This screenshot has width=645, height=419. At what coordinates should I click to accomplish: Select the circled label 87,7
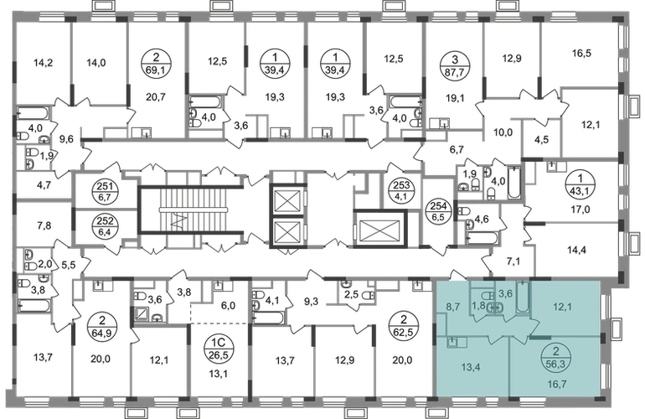[454, 65]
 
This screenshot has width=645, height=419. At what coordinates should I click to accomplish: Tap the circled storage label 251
[106, 192]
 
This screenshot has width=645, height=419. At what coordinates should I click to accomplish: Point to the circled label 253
[400, 191]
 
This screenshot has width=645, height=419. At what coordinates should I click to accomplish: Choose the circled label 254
[438, 211]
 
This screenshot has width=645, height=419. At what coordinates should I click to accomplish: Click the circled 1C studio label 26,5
[218, 349]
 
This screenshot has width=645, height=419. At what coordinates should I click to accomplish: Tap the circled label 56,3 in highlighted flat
[556, 357]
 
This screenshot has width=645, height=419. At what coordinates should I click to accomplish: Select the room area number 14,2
[44, 63]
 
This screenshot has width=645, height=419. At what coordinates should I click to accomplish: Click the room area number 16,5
[581, 53]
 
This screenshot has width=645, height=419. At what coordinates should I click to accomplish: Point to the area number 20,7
[156, 97]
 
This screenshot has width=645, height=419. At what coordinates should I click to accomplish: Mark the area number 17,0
[580, 209]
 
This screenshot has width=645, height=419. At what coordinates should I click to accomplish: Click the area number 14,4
[577, 250]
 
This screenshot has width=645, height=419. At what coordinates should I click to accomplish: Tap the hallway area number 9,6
[66, 140]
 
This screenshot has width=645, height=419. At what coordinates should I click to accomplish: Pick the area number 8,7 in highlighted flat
[452, 307]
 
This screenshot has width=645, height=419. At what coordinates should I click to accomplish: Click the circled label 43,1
[580, 184]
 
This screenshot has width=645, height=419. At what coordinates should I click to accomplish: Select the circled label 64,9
[102, 326]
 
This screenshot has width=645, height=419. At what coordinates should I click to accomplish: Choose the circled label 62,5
[404, 326]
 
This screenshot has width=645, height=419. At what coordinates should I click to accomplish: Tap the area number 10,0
[503, 132]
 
